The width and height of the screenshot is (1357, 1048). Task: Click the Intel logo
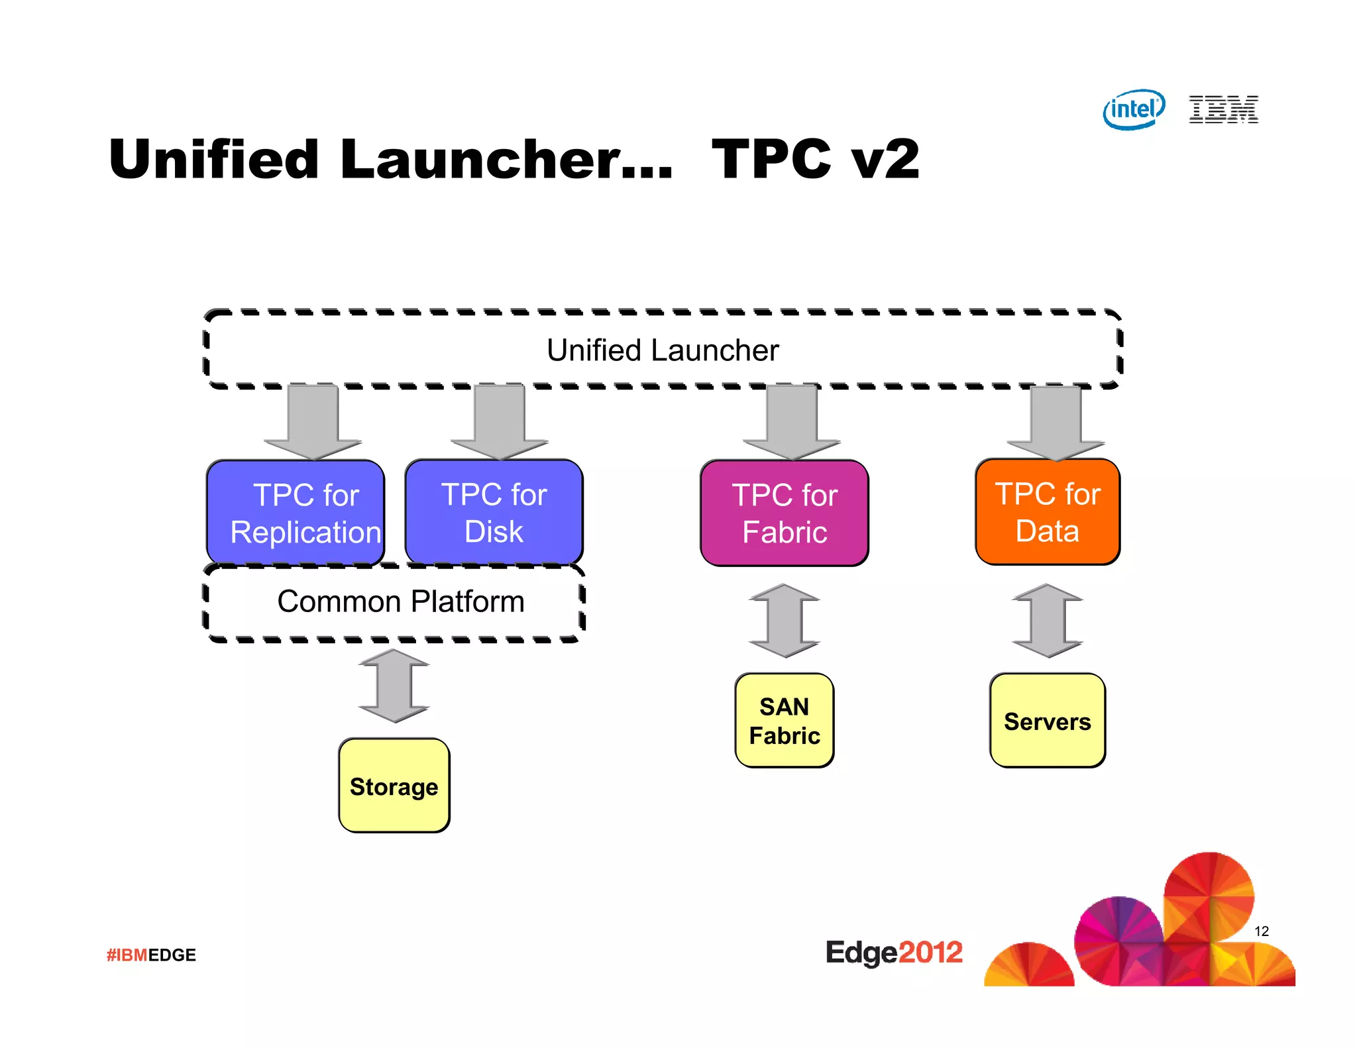click(1134, 109)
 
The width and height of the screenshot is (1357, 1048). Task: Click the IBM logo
click(1223, 109)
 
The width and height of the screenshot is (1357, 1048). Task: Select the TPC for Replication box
click(296, 513)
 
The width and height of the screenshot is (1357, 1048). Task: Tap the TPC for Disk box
click(494, 513)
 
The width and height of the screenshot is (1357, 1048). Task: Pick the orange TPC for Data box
click(1048, 512)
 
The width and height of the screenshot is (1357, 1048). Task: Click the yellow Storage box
click(394, 786)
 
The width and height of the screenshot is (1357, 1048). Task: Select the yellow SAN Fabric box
click(785, 721)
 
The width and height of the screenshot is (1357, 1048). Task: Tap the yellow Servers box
click(1047, 721)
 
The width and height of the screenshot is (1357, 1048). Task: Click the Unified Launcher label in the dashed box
click(663, 350)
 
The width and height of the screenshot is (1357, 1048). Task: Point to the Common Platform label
click(400, 602)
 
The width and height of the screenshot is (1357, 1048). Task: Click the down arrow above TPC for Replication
click(313, 421)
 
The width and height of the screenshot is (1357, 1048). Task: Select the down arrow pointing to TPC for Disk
click(500, 421)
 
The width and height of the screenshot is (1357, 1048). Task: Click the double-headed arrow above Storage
click(394, 686)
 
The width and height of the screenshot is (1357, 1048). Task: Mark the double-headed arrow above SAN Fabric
click(785, 621)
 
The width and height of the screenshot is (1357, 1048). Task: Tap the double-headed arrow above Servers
click(1047, 621)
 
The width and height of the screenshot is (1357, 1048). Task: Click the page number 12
click(1261, 931)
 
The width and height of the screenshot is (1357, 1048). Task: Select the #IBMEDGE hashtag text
click(151, 955)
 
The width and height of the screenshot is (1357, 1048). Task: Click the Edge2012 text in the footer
click(893, 953)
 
